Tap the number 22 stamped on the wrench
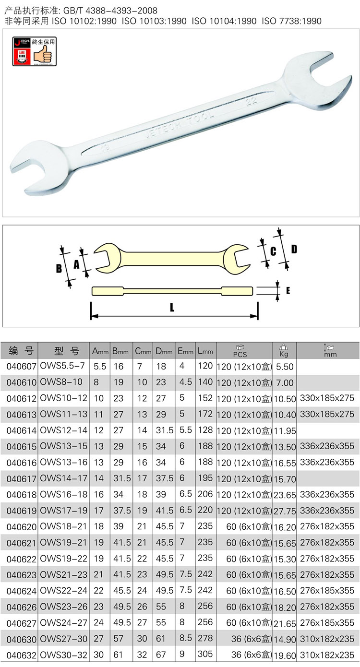pyautogui.click(x=252, y=100)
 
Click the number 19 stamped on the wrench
pyautogui.click(x=105, y=147)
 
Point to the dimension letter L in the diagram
pyautogui.click(x=172, y=307)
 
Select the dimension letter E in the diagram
pyautogui.click(x=288, y=291)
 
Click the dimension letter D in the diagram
pyautogui.click(x=294, y=249)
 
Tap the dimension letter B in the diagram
pyautogui.click(x=59, y=269)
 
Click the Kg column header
pyautogui.click(x=284, y=351)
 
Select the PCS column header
pyautogui.click(x=240, y=351)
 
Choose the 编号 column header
pyautogui.click(x=21, y=351)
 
